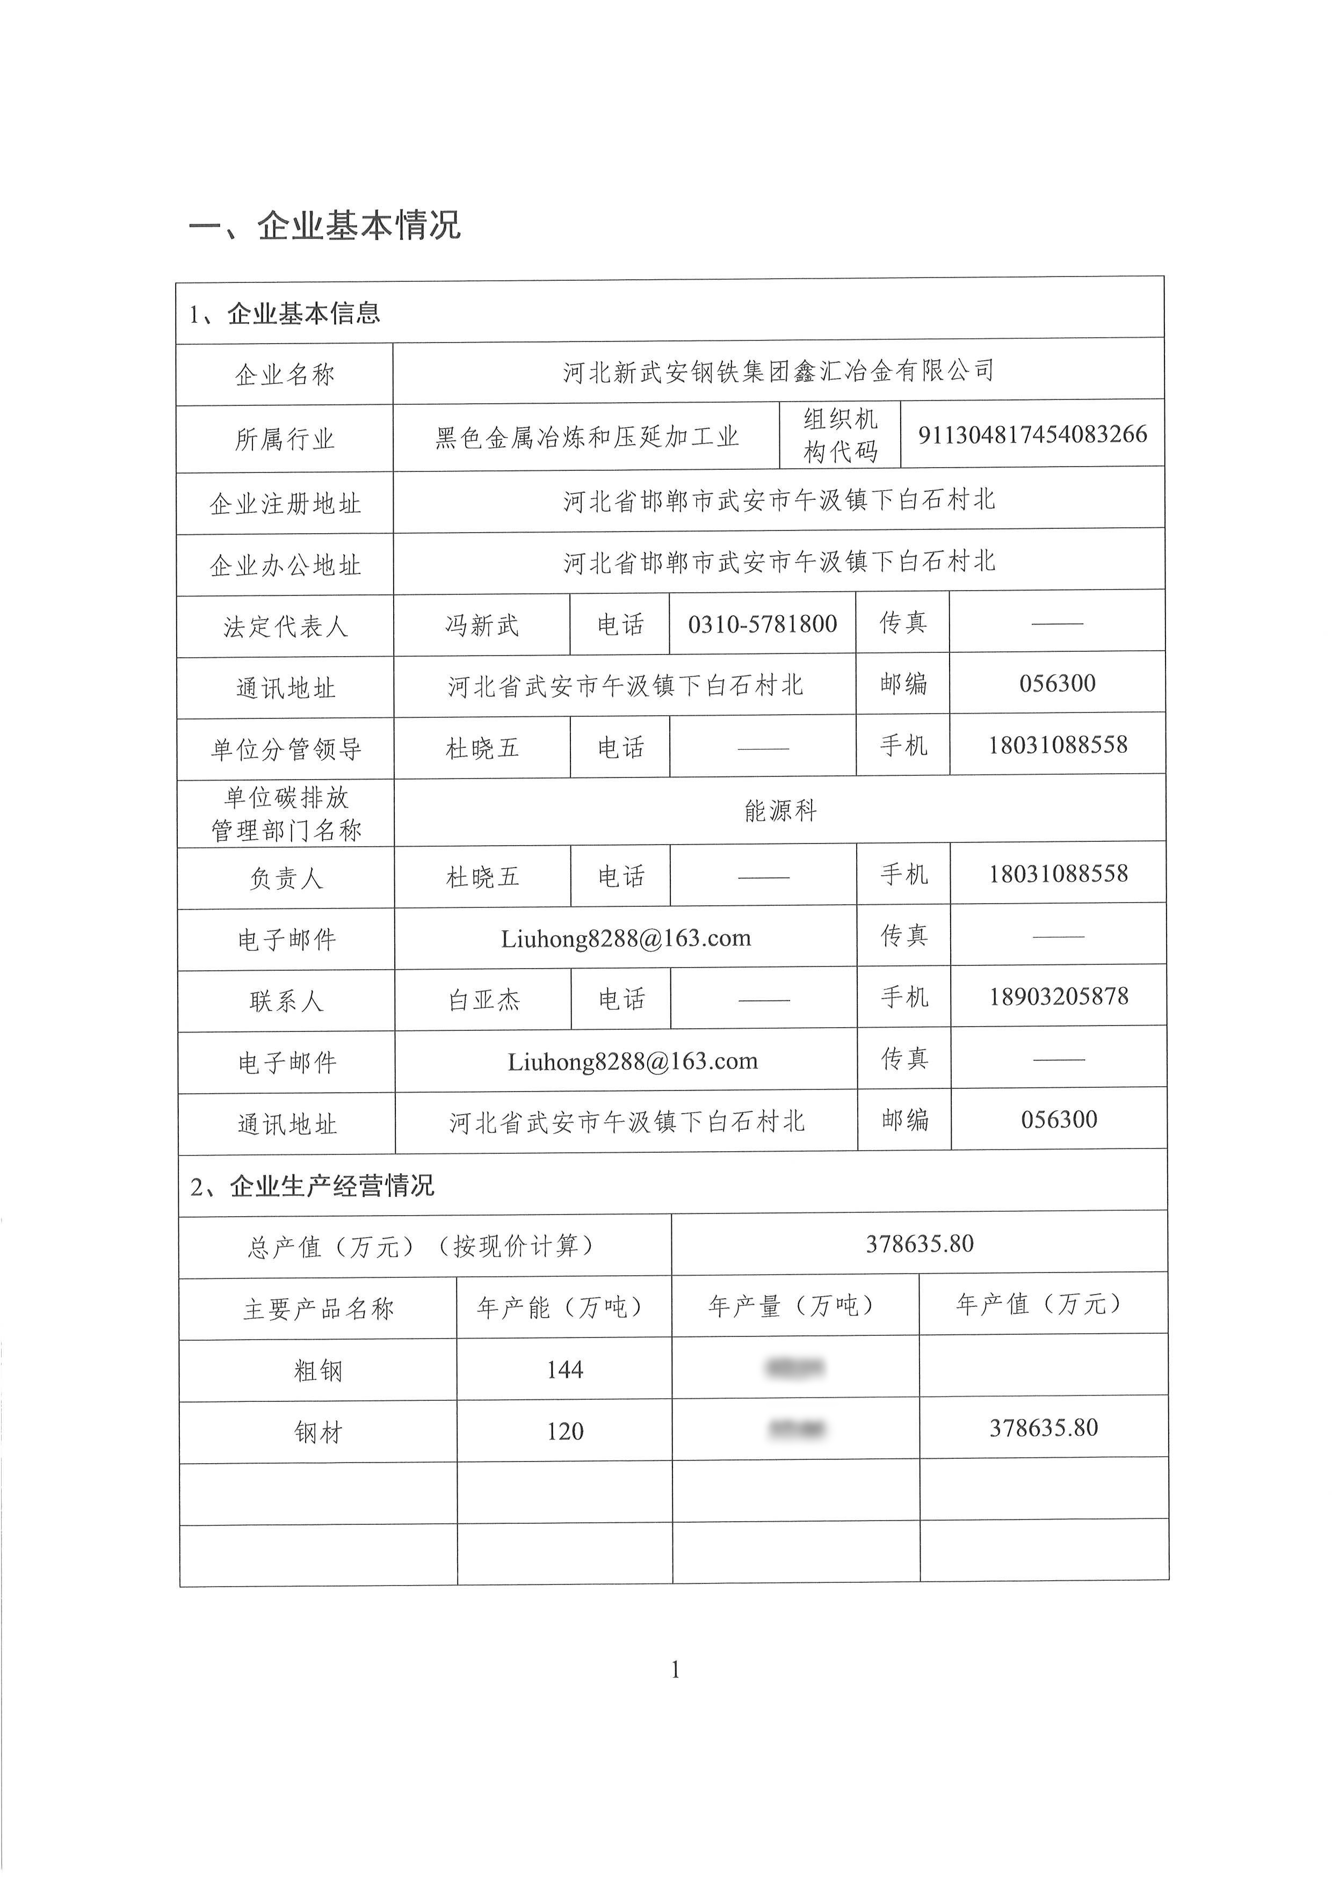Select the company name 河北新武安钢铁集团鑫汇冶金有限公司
tap(778, 372)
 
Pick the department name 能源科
tap(780, 811)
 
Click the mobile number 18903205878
tap(1058, 997)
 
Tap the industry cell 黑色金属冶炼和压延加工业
tap(587, 437)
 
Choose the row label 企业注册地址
tap(285, 504)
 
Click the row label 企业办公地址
tap(285, 565)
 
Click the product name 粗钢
tap(317, 1370)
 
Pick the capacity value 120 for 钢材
tap(564, 1431)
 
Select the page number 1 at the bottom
tap(675, 1670)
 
